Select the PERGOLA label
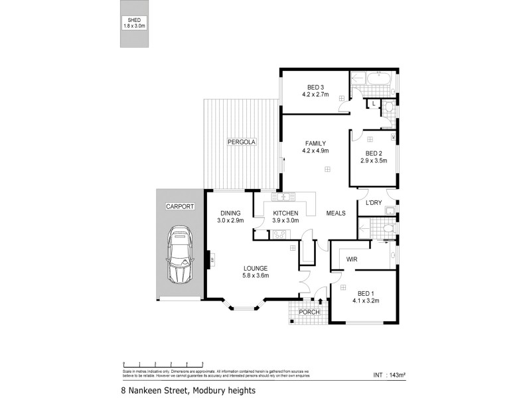[x=241, y=143]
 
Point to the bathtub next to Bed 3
[x=374, y=79]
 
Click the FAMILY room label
[x=315, y=143]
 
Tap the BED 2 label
[x=372, y=152]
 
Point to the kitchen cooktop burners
[x=278, y=233]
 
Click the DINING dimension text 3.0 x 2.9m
[x=232, y=221]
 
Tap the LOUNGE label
[x=256, y=268]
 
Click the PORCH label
[x=309, y=312]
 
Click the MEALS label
[x=336, y=213]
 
